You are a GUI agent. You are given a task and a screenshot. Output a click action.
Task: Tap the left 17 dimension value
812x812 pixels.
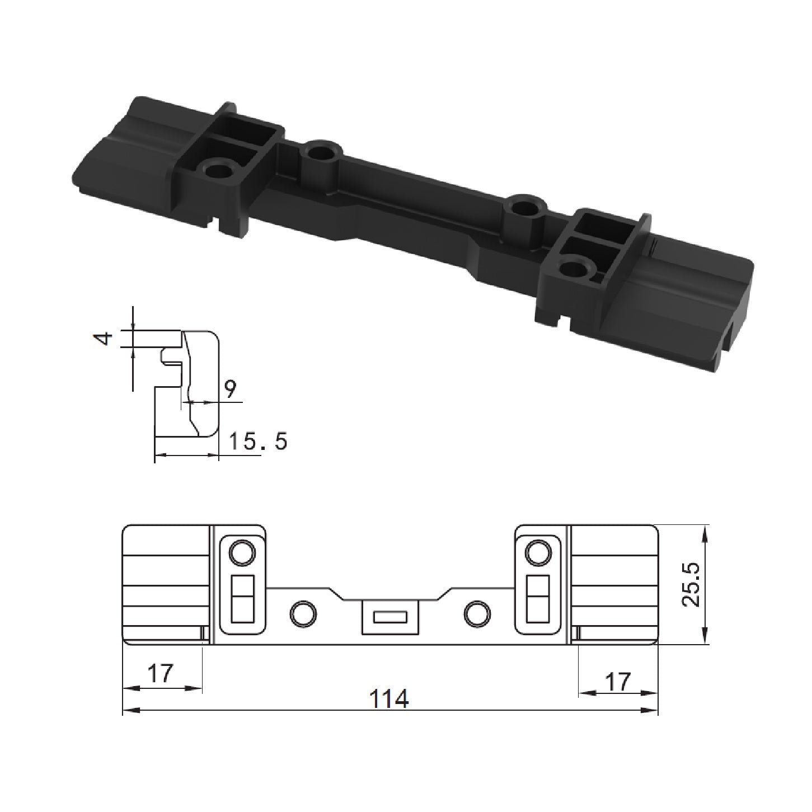click(161, 673)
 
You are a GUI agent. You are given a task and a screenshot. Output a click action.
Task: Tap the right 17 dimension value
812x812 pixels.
click(617, 682)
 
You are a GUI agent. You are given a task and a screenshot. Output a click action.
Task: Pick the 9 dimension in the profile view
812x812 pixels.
click(230, 387)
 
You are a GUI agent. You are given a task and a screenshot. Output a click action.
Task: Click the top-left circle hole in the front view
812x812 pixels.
click(242, 553)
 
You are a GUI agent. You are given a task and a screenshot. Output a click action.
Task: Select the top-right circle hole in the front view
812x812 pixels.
click(538, 553)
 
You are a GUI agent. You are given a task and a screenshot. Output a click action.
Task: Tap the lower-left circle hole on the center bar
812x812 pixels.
click(303, 613)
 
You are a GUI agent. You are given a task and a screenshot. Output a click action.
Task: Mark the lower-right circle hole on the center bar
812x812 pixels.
click(477, 613)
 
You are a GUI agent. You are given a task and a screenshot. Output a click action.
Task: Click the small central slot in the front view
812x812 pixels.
click(390, 618)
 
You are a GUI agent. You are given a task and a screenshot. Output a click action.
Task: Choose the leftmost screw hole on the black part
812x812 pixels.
click(218, 168)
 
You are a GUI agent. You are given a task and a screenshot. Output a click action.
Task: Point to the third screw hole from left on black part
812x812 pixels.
click(525, 206)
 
